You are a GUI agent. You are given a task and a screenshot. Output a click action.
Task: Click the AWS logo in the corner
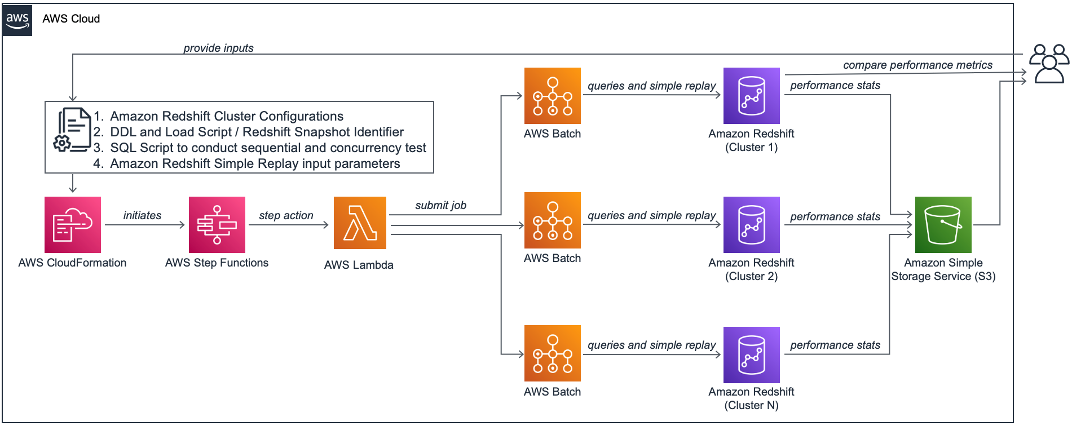(17, 20)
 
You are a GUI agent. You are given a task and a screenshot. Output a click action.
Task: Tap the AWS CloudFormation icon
(73, 225)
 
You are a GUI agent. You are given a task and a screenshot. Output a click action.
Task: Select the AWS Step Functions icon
(217, 225)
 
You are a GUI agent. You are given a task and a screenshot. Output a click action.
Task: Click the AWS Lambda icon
(360, 223)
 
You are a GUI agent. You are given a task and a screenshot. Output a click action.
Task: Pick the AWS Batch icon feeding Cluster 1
(553, 96)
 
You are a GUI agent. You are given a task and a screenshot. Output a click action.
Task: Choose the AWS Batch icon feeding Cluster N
(553, 353)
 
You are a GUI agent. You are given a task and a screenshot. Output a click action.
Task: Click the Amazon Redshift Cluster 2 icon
(752, 225)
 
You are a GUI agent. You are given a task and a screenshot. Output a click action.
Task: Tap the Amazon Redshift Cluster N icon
(752, 355)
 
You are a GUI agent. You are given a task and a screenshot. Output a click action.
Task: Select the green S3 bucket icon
(943, 225)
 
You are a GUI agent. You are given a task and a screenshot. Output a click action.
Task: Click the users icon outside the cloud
(1049, 64)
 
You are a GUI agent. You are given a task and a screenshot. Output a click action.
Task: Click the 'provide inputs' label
(218, 48)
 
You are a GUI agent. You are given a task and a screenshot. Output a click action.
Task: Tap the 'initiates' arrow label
(142, 215)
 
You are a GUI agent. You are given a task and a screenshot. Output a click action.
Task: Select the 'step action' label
(286, 215)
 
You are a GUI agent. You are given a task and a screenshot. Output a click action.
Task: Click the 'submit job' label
(440, 205)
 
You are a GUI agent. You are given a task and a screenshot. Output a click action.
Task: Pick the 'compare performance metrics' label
(917, 65)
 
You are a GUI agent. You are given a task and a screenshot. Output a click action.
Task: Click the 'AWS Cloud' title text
(71, 19)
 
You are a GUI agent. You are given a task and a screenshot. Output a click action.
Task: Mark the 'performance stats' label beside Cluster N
(835, 345)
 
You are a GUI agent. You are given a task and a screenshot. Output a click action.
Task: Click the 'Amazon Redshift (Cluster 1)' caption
(751, 140)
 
